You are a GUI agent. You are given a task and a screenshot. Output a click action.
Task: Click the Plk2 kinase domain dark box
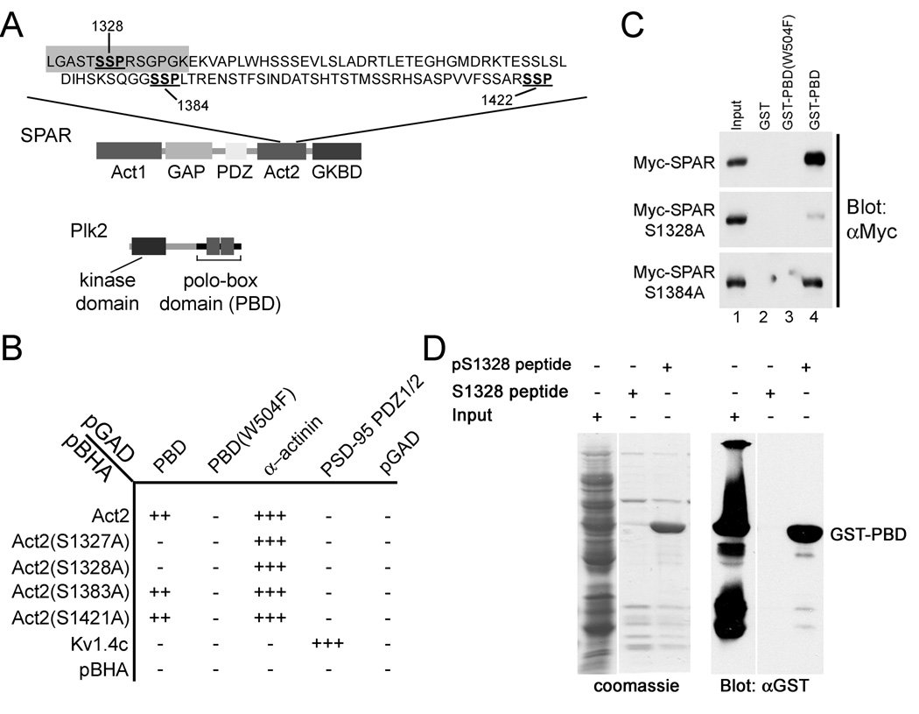pos(149,249)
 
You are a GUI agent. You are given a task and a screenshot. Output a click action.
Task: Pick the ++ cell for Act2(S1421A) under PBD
pos(158,619)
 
